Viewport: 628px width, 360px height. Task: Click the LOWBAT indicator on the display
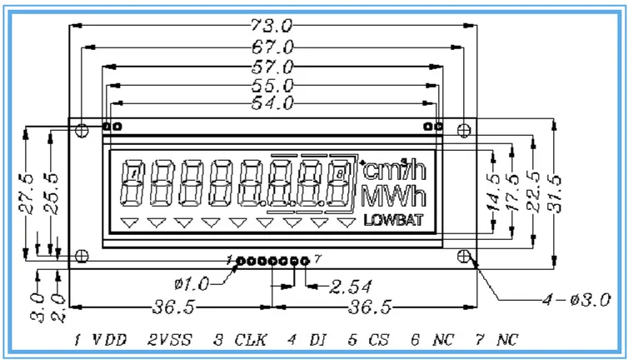pos(394,221)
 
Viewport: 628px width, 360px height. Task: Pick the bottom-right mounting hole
pos(465,256)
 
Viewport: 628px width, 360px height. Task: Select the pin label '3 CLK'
pos(227,341)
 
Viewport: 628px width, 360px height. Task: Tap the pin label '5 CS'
pos(363,341)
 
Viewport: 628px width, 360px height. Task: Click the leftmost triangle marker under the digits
pos(128,222)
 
